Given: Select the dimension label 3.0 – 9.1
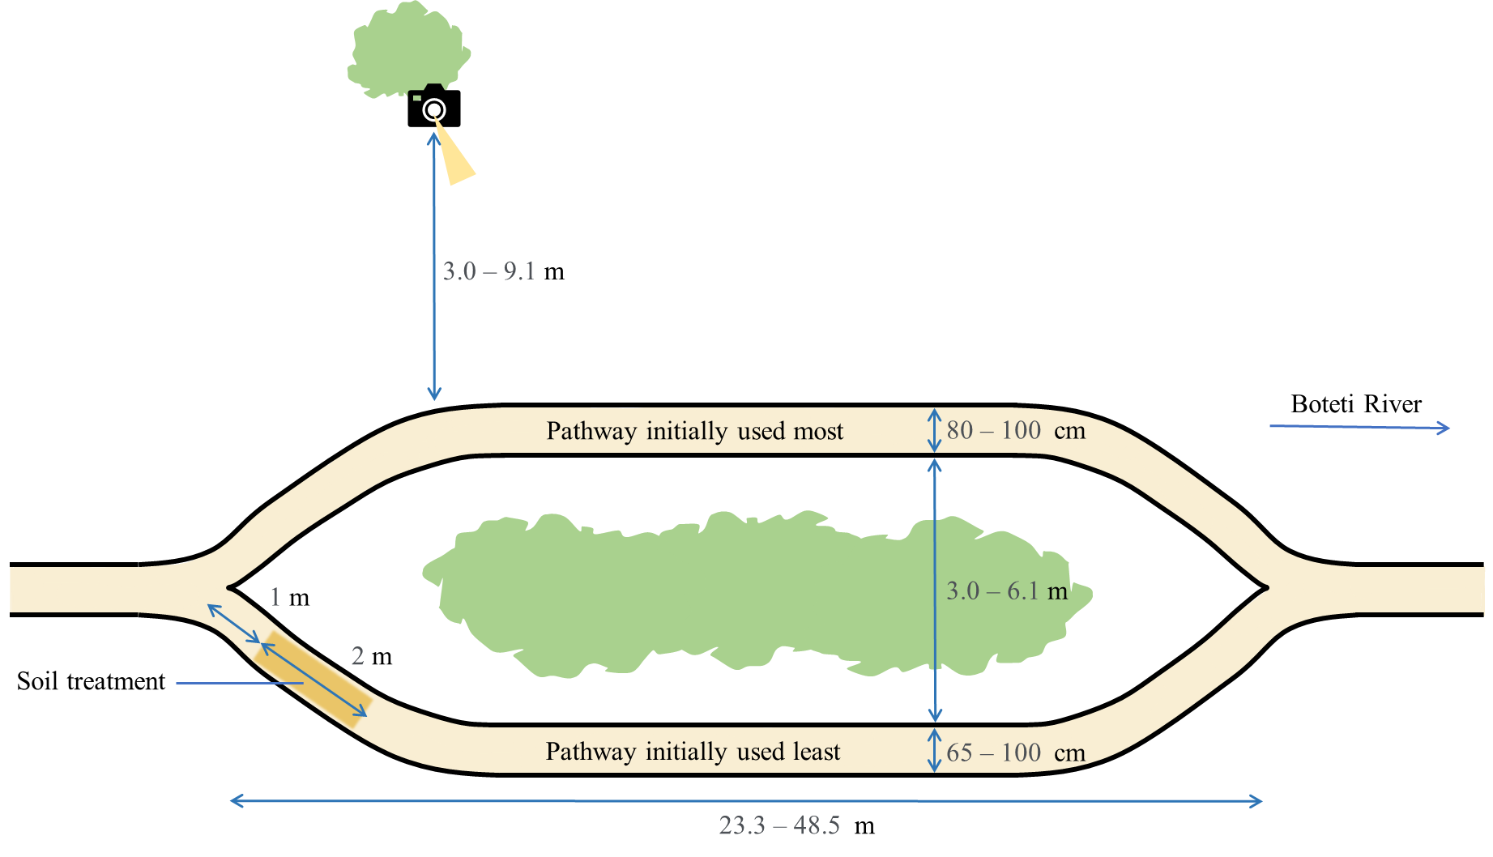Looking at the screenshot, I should tap(488, 271).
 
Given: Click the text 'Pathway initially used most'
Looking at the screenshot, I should tap(694, 431).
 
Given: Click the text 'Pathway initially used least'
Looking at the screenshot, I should tap(693, 752).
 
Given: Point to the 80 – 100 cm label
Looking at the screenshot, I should tap(1015, 430).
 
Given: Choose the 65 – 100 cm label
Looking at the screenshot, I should tap(1015, 753).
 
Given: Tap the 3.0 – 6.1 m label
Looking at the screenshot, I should tap(1007, 591).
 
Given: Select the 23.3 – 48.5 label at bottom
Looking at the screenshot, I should tap(778, 825).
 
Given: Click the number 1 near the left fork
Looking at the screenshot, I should tap(275, 597).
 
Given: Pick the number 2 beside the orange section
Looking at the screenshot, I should tap(357, 655).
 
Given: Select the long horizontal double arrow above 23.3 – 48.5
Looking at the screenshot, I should tap(745, 801).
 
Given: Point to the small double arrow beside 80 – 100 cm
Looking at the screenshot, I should tap(934, 430).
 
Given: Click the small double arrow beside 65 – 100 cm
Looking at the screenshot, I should tap(934, 750).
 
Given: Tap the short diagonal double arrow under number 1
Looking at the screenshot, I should tap(233, 623).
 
